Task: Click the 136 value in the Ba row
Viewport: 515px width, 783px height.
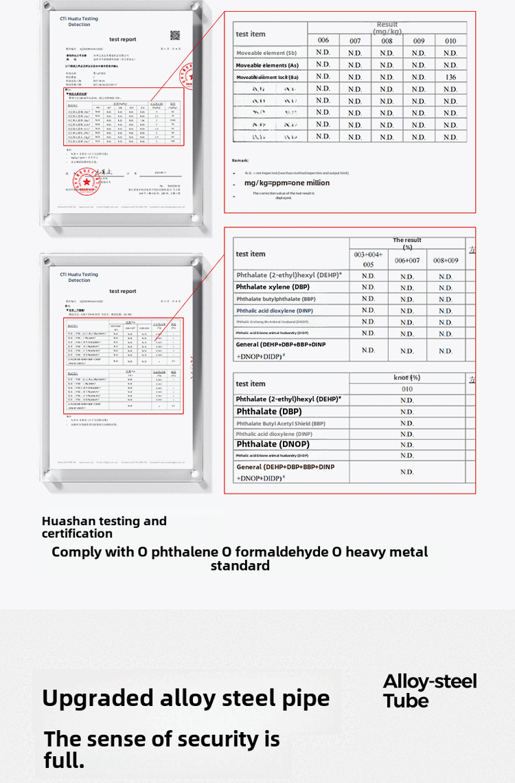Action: [x=450, y=77]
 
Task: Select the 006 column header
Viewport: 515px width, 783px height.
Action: [x=323, y=41]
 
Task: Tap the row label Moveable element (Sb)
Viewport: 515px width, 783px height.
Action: [x=266, y=53]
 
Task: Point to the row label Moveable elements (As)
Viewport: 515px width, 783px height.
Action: [x=266, y=65]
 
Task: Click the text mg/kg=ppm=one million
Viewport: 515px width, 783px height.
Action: [x=287, y=183]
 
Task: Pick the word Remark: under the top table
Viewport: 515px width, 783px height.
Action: [x=240, y=160]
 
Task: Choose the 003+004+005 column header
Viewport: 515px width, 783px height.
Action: [x=369, y=259]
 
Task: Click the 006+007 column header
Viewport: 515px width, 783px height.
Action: [x=407, y=261]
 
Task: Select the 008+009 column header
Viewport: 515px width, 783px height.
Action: [x=446, y=261]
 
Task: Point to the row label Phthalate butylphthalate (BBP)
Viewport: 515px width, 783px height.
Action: [x=275, y=299]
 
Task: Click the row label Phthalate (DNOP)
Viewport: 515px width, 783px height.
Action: [x=273, y=444]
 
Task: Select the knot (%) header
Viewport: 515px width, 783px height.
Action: [x=407, y=377]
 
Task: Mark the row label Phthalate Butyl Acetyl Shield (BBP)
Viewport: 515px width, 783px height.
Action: [x=281, y=423]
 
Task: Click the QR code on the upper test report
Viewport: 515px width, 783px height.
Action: [x=175, y=36]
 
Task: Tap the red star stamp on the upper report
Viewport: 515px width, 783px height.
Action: [x=87, y=181]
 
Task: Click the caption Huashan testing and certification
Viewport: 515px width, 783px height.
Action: [x=104, y=527]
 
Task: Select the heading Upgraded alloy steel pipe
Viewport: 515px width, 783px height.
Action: [x=185, y=698]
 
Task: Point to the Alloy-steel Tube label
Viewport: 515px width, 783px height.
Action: [x=430, y=691]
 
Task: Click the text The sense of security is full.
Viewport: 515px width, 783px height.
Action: [x=161, y=749]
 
